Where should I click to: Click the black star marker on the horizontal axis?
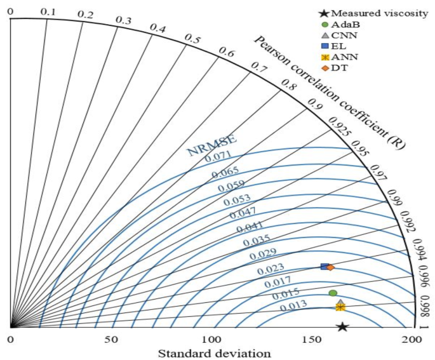[342, 327]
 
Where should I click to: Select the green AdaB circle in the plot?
[333, 293]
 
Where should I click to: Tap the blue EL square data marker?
[325, 267]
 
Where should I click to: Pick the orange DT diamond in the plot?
[330, 267]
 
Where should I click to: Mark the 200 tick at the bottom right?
[413, 340]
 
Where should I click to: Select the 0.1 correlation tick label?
[48, 11]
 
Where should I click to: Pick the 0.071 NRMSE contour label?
[218, 159]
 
